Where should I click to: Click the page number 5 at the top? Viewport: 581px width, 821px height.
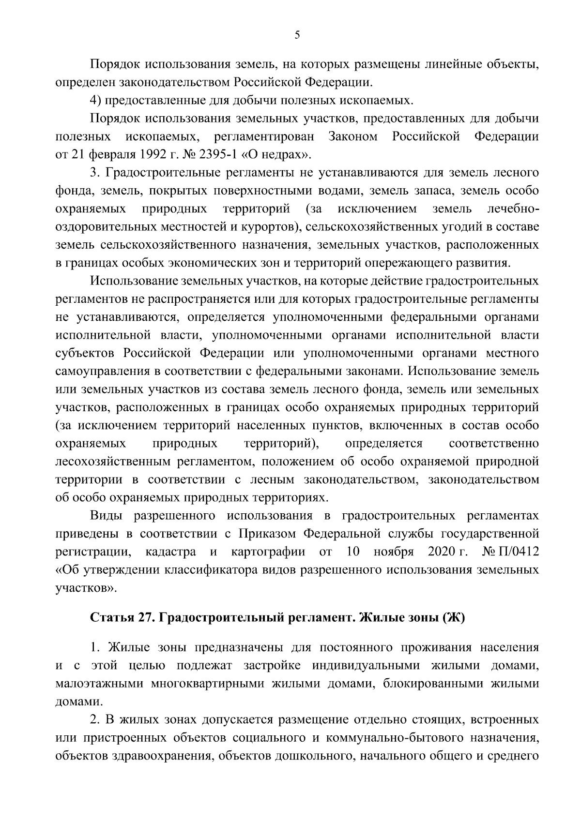pos(297,35)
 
